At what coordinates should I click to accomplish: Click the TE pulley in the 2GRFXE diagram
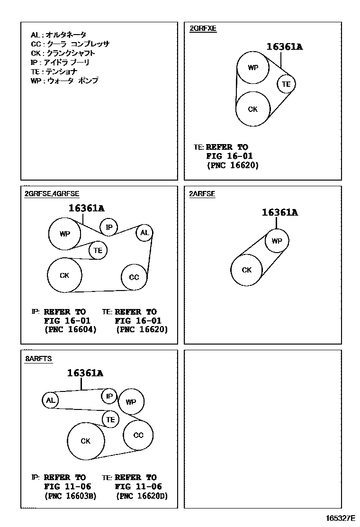286,84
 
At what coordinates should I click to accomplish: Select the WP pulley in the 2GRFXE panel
253,67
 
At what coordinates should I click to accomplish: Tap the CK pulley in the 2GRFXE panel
253,109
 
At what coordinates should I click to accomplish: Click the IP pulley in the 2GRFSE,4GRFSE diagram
109,227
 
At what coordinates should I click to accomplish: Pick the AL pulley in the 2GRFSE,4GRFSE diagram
144,233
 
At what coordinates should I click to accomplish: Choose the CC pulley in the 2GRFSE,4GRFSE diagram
134,277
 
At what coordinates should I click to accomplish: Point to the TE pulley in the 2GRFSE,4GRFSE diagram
98,250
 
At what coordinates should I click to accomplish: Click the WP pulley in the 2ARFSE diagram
277,241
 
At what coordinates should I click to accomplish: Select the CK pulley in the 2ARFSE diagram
246,270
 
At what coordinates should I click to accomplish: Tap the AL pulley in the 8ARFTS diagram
50,400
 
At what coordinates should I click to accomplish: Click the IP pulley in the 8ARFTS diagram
109,396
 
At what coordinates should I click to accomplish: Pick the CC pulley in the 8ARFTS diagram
138,435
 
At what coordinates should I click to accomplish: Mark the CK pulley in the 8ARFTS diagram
85,441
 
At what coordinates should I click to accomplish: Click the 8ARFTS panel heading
38,359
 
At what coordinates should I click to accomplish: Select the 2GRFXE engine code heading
203,28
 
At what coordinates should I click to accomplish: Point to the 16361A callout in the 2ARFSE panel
279,213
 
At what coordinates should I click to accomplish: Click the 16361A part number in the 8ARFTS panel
85,373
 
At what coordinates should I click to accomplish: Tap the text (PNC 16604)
70,329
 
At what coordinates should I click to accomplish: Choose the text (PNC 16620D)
142,496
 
